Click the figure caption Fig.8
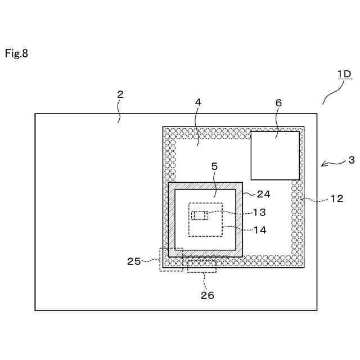(16, 54)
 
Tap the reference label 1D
(344, 74)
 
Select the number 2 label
(120, 94)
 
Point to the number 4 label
(197, 102)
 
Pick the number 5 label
(214, 166)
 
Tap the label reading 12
(337, 199)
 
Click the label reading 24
(263, 194)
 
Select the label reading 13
(259, 212)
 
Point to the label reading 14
(259, 229)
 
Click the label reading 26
(207, 295)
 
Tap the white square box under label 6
(274, 155)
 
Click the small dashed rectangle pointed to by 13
(200, 215)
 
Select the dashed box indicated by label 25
(171, 259)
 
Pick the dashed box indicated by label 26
(201, 265)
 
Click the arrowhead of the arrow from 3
(323, 165)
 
